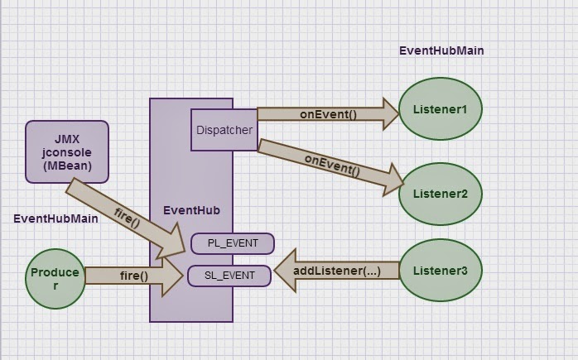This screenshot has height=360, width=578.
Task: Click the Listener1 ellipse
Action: point(441,109)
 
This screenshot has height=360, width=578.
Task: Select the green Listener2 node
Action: point(441,194)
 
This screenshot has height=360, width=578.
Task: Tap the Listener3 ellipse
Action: point(441,271)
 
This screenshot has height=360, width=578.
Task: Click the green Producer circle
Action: point(55,278)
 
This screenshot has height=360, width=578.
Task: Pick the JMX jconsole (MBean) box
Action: point(67,151)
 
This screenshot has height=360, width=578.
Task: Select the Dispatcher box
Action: point(224,130)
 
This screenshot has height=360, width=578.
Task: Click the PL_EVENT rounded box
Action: point(231,243)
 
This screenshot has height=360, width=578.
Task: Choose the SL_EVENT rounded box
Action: point(229,276)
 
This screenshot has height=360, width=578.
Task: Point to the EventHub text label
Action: point(190,210)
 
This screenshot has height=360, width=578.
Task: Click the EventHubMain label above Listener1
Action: point(441,50)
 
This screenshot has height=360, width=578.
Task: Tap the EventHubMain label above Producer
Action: point(55,218)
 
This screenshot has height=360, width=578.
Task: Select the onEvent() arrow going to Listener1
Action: point(327,114)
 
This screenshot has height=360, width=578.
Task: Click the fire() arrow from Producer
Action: point(132,276)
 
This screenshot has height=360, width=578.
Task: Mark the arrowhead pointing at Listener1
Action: point(389,114)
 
